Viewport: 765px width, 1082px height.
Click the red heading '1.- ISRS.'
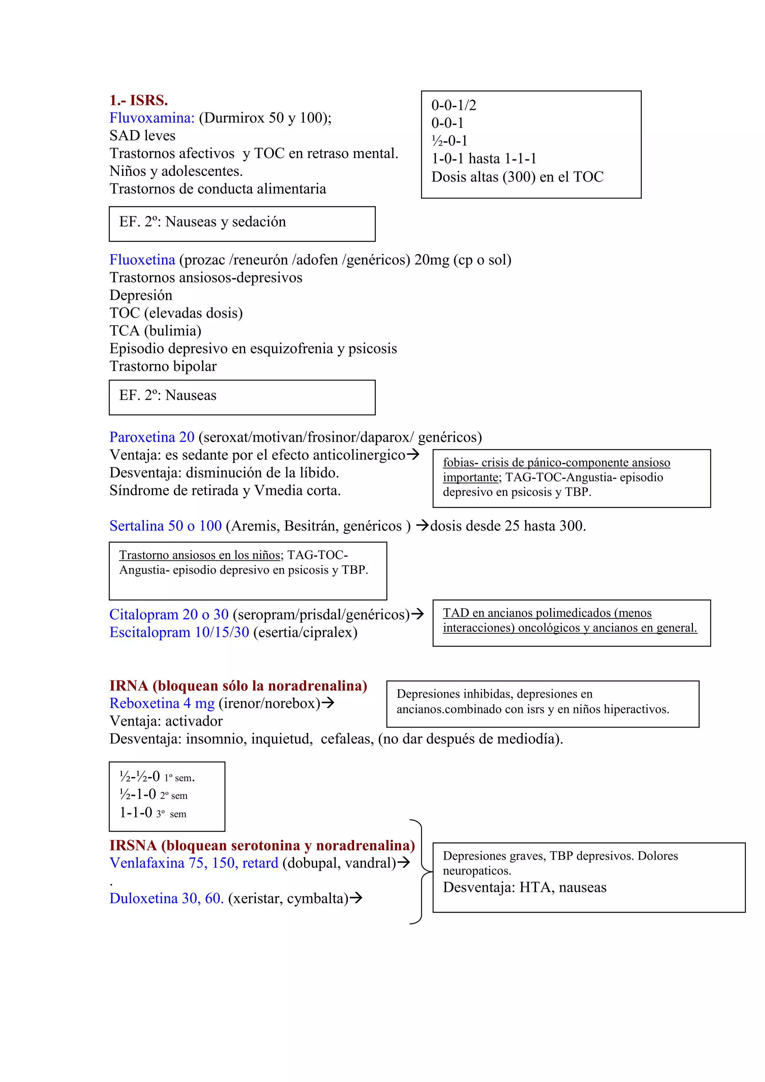click(139, 101)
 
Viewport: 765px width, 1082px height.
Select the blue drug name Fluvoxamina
click(152, 118)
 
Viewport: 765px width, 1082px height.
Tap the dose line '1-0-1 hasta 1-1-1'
click(484, 159)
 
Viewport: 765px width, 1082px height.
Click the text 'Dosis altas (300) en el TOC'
click(517, 177)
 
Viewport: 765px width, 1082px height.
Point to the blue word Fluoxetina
click(142, 260)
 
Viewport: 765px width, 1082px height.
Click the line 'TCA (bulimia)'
click(155, 331)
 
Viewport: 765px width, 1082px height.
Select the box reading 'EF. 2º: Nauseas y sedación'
click(242, 223)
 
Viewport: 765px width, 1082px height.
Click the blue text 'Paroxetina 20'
click(152, 438)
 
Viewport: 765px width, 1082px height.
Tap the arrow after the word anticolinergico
click(413, 455)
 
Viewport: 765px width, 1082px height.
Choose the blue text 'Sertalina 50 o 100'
click(165, 526)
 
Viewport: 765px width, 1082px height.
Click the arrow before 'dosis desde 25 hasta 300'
click(422, 525)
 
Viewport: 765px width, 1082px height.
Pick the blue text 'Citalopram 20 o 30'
click(168, 615)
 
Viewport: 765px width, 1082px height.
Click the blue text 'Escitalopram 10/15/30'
click(179, 633)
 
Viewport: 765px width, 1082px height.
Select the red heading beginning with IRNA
click(238, 686)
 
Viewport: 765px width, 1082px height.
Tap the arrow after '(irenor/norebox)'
click(328, 703)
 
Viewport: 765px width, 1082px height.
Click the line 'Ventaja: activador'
click(166, 721)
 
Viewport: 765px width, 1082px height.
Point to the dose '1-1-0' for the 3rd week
click(136, 813)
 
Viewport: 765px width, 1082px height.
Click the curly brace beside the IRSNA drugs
click(420, 872)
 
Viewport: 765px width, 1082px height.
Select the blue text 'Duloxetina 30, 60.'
click(166, 899)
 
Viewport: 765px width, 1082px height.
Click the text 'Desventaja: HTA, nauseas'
click(524, 888)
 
